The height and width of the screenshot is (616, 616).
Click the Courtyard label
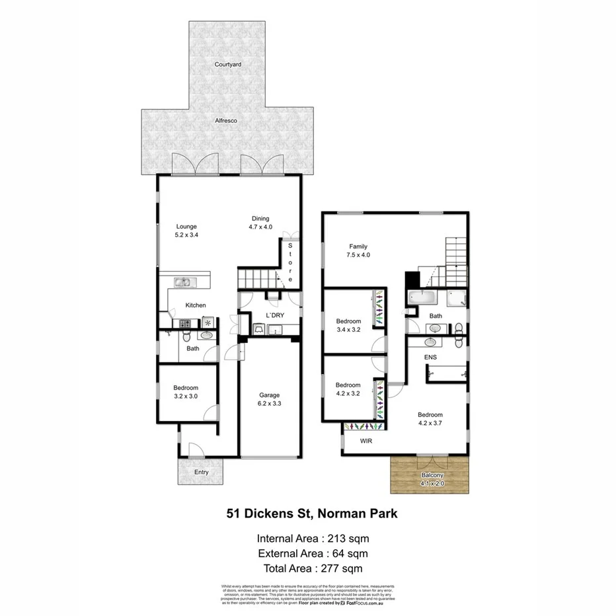(x=227, y=65)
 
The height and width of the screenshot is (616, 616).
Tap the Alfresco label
(x=225, y=121)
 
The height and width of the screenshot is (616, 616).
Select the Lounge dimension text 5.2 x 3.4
(x=186, y=235)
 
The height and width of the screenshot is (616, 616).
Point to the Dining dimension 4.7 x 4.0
(x=260, y=227)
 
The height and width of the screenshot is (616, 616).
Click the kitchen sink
(x=183, y=283)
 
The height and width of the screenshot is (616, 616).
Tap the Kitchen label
(x=196, y=305)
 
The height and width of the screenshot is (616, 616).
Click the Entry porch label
(x=201, y=472)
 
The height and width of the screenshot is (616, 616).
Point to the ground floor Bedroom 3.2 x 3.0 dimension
(x=186, y=396)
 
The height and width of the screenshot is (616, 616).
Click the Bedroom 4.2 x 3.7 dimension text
(x=430, y=423)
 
